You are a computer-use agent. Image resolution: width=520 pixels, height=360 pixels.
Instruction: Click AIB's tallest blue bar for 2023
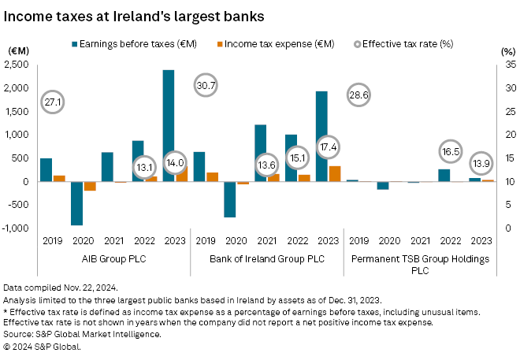pyautogui.click(x=169, y=118)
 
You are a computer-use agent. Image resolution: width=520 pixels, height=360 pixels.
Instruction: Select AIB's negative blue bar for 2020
pyautogui.click(x=76, y=203)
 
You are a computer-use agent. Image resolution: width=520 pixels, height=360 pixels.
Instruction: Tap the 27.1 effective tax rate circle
pyautogui.click(x=54, y=102)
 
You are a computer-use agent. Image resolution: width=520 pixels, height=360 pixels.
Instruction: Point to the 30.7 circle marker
pyautogui.click(x=206, y=84)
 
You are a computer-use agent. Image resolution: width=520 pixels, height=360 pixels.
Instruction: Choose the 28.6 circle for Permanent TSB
pyautogui.click(x=359, y=95)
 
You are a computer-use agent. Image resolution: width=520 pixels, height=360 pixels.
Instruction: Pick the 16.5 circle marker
pyautogui.click(x=450, y=150)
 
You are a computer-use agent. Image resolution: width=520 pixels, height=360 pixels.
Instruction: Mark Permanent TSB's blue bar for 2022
pyautogui.click(x=444, y=175)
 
